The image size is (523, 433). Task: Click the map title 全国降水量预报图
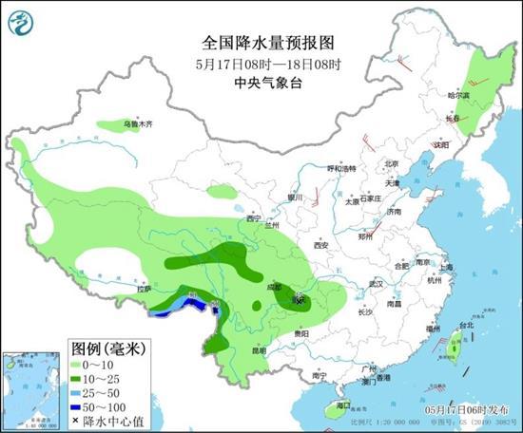(261, 42)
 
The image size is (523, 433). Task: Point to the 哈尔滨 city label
(459, 95)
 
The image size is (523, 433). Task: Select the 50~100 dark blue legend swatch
(79, 406)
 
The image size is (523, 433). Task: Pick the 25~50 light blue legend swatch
(79, 393)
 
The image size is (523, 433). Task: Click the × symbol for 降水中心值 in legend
(75, 421)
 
